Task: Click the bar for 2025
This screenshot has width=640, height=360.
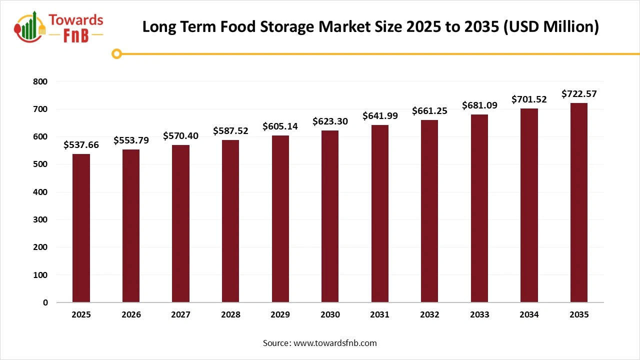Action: (81, 228)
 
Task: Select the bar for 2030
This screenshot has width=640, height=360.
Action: (330, 216)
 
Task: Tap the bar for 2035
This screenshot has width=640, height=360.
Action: (579, 202)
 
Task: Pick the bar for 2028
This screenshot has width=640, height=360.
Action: (230, 221)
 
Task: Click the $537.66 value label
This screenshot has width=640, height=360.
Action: (81, 145)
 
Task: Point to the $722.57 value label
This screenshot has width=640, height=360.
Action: (579, 93)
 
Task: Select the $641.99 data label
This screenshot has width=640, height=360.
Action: (379, 116)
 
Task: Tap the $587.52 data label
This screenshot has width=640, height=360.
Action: (230, 130)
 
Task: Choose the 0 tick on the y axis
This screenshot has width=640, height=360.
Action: (45, 302)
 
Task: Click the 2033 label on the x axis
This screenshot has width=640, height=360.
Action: (479, 314)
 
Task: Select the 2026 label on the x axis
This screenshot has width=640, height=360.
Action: (131, 314)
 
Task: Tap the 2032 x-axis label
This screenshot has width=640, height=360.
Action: (429, 314)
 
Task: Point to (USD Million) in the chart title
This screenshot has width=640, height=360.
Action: (551, 26)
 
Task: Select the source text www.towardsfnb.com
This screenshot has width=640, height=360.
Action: (334, 343)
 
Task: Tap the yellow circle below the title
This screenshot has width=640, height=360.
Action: (116, 53)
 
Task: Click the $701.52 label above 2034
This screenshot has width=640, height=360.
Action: (529, 99)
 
